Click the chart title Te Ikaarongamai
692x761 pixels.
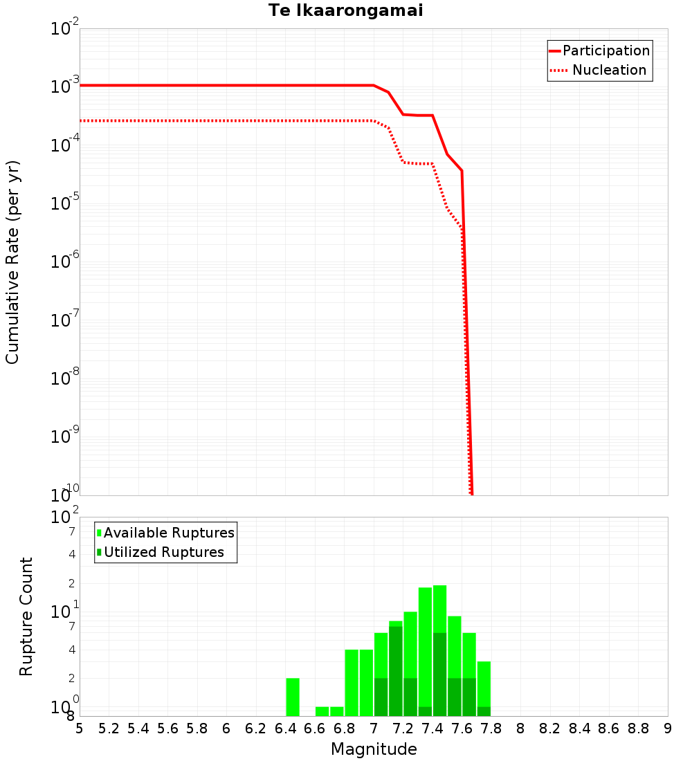click(x=345, y=10)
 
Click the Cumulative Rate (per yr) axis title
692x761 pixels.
click(x=12, y=262)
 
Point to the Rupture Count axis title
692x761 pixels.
click(x=26, y=616)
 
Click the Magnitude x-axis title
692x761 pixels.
click(x=374, y=749)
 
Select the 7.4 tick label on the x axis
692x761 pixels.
click(x=432, y=728)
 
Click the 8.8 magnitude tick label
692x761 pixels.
click(x=638, y=728)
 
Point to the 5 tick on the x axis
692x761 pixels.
click(x=80, y=728)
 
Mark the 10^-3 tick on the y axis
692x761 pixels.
click(x=65, y=86)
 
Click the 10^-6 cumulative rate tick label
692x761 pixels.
click(x=65, y=261)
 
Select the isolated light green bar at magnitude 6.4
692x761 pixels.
click(x=293, y=697)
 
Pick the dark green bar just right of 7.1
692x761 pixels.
click(x=396, y=671)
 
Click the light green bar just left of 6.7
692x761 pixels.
click(x=322, y=711)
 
